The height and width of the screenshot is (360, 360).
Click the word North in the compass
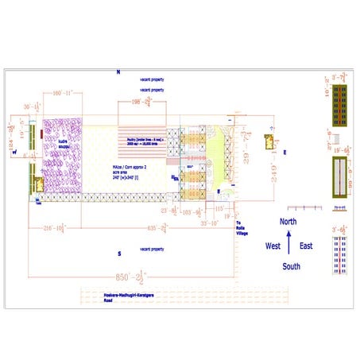(288, 222)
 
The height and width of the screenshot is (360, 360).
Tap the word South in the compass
(292, 266)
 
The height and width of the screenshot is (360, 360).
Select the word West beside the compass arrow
(273, 246)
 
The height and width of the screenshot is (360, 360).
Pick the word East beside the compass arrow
(306, 246)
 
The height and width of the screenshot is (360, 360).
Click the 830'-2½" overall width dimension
(128, 278)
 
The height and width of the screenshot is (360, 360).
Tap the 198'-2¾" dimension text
(145, 103)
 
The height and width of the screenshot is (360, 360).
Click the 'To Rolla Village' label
(243, 227)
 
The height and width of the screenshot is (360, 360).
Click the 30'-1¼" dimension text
(32, 106)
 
